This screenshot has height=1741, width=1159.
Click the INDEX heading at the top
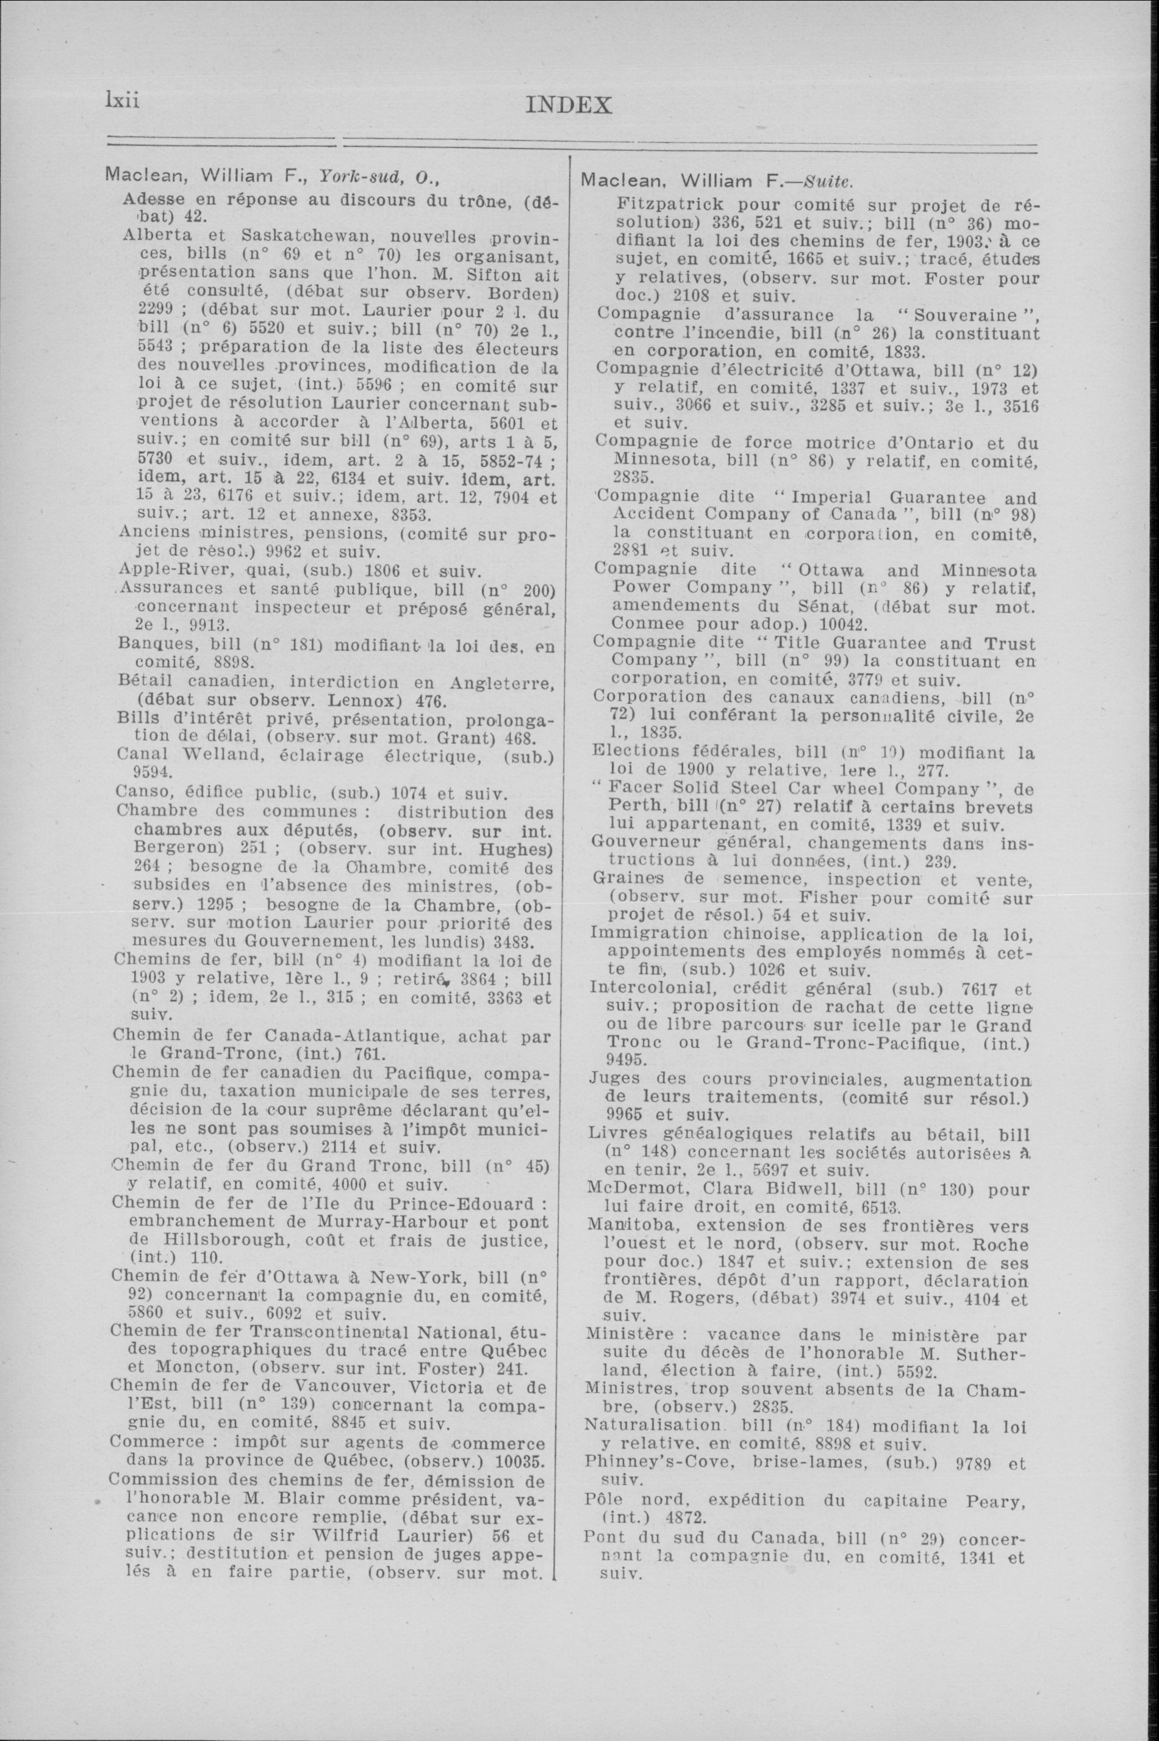click(569, 105)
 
